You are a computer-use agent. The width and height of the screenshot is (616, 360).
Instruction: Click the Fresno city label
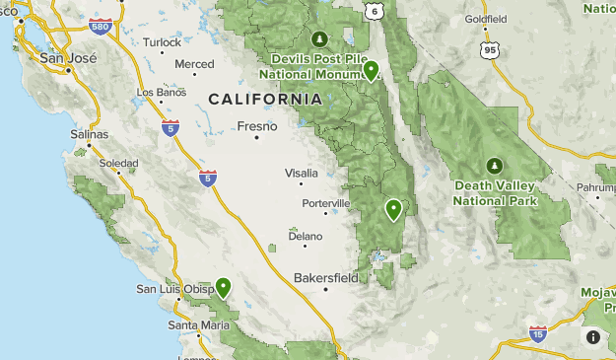tap(258, 125)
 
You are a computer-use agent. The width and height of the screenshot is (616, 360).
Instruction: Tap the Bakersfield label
tap(326, 277)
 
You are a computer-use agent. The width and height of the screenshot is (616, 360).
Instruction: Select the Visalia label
tap(302, 173)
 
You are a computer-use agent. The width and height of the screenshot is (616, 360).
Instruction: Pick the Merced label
tap(194, 64)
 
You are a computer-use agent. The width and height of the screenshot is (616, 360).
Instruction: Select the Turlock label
tap(162, 42)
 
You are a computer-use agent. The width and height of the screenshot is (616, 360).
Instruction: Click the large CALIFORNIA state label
tap(265, 99)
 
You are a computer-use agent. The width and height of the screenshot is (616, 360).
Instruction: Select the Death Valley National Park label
tap(495, 192)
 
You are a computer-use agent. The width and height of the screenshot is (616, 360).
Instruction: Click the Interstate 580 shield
tap(100, 28)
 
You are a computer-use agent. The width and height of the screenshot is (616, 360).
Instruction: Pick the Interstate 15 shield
tap(537, 333)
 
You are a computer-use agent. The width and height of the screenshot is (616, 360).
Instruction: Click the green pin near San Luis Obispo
tap(224, 287)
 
